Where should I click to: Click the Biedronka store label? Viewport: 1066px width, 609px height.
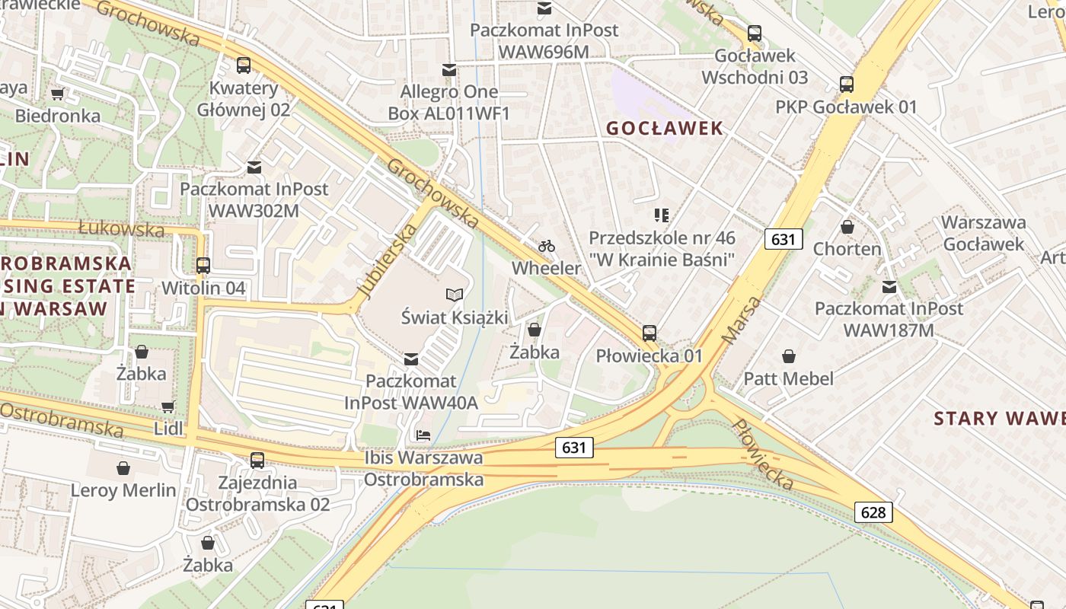click(58, 116)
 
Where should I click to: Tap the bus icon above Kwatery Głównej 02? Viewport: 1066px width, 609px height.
click(244, 65)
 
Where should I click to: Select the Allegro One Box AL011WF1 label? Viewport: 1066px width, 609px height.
click(448, 103)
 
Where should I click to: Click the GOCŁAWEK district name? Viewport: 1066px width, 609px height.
click(665, 128)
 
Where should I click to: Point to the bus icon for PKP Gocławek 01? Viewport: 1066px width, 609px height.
click(846, 84)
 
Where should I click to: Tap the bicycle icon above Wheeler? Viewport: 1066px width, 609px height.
click(546, 246)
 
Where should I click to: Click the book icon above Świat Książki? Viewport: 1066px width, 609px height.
click(455, 295)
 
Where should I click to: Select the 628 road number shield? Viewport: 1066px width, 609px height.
click(873, 512)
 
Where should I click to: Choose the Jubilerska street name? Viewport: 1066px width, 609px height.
click(388, 260)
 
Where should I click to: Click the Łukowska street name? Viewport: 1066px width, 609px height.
click(121, 228)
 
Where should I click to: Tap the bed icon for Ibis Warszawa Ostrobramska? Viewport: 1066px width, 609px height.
click(423, 435)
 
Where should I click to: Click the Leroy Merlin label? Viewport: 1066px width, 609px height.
click(123, 489)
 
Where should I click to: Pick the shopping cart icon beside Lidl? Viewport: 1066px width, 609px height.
click(168, 407)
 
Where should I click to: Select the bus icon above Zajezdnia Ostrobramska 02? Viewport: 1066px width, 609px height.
click(257, 460)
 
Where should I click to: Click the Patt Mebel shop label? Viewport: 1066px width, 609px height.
click(788, 378)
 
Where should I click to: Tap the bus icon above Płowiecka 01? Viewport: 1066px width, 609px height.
click(649, 333)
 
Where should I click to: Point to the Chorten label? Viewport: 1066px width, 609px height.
click(847, 249)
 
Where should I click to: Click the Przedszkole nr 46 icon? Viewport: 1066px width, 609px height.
click(662, 215)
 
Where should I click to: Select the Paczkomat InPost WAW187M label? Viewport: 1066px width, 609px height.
click(889, 320)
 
